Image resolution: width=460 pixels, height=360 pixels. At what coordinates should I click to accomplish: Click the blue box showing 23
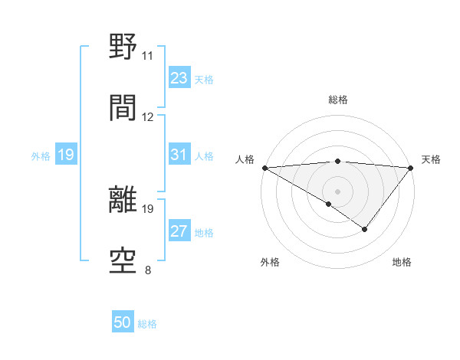pyautogui.click(x=179, y=78)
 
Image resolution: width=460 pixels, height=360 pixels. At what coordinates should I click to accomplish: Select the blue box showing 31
pyautogui.click(x=179, y=155)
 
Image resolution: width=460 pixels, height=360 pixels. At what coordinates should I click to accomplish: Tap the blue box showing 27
pyautogui.click(x=179, y=231)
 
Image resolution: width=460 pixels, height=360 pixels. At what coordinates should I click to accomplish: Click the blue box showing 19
pyautogui.click(x=65, y=155)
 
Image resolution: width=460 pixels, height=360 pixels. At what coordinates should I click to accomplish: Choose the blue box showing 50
pyautogui.click(x=123, y=322)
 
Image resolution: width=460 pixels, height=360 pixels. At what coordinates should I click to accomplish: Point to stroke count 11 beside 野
pyautogui.click(x=147, y=56)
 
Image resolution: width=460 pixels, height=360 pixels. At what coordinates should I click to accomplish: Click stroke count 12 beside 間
pyautogui.click(x=148, y=117)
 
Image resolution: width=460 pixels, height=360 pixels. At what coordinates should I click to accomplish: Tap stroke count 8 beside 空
pyautogui.click(x=147, y=270)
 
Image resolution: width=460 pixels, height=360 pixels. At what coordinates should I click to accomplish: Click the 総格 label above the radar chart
pyautogui.click(x=337, y=100)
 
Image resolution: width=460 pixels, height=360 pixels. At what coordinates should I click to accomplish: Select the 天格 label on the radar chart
pyautogui.click(x=431, y=159)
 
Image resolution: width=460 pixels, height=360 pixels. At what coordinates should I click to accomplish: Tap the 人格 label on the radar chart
pyautogui.click(x=245, y=159)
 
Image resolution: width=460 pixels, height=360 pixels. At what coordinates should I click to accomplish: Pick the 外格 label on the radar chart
pyautogui.click(x=270, y=262)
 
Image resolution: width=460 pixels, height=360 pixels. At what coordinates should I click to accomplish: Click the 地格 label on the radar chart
pyautogui.click(x=402, y=262)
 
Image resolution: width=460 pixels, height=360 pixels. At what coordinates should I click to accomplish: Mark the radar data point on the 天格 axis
pyautogui.click(x=411, y=168)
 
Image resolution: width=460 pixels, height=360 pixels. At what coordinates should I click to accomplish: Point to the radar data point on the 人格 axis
pyautogui.click(x=264, y=168)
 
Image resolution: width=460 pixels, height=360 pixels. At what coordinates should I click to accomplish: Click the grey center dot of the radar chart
pyautogui.click(x=337, y=191)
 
